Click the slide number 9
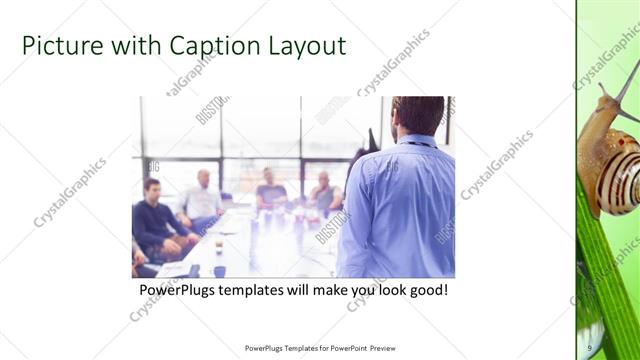(591, 347)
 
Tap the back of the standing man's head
(418, 115)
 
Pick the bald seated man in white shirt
(202, 198)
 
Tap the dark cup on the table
(219, 270)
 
